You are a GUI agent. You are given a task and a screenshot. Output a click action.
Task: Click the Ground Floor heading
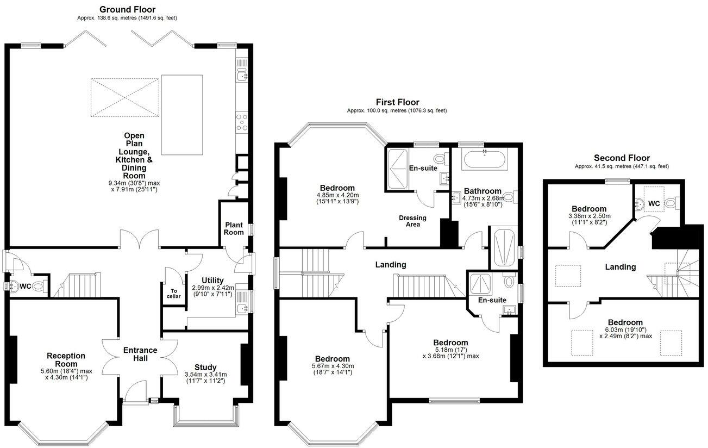[x=127, y=9]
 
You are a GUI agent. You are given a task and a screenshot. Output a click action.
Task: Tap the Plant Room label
[x=234, y=228]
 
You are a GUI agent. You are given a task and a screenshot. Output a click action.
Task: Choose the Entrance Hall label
[x=140, y=354]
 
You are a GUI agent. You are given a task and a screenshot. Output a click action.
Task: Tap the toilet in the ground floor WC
[x=37, y=286]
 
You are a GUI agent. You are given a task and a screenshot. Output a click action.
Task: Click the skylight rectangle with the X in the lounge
[x=125, y=97]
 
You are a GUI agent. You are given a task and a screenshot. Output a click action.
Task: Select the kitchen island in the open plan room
[x=182, y=115]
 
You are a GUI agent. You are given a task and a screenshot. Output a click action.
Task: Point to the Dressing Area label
[x=412, y=221]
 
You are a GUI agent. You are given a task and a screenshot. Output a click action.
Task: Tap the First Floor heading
[x=397, y=102]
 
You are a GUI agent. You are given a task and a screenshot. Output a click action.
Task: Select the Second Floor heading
[x=622, y=158]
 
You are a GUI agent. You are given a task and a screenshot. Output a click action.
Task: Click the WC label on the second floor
[x=654, y=203]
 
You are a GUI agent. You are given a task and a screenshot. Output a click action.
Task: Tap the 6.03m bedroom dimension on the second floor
[x=624, y=332]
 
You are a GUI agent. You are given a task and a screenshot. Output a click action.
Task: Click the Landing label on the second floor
[x=621, y=267]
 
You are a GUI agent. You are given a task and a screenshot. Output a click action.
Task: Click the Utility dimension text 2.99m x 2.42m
[x=212, y=288]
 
